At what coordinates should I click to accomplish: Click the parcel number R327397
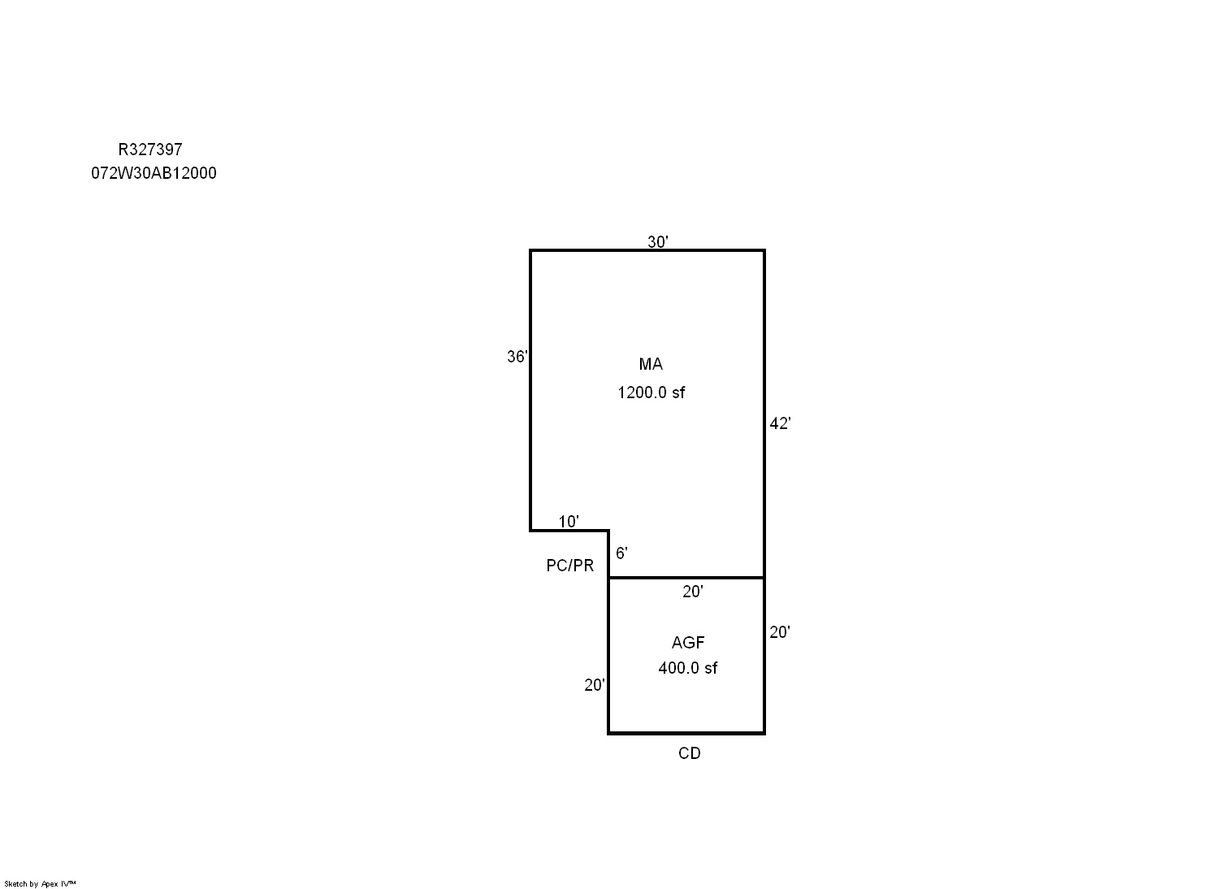(150, 149)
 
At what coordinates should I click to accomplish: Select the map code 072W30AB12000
(154, 173)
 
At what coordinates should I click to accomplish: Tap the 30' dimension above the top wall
(657, 241)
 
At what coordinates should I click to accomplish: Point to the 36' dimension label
(517, 356)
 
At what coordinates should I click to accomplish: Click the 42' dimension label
(780, 423)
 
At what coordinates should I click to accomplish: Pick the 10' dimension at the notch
(568, 522)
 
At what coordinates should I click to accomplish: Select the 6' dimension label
(621, 553)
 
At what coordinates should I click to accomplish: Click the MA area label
(651, 364)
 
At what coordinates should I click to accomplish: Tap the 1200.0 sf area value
(651, 392)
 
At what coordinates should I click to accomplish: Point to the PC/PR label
(569, 566)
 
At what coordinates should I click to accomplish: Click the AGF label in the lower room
(688, 642)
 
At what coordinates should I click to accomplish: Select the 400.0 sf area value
(688, 667)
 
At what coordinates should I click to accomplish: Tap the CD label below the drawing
(690, 753)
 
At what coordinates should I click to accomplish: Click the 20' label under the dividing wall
(693, 592)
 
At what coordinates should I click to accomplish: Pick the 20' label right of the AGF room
(780, 632)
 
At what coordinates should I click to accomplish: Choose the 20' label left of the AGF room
(594, 685)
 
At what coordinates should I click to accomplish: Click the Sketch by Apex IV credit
(40, 883)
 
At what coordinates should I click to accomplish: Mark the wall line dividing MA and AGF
(686, 578)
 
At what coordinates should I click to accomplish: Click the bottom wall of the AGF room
(686, 733)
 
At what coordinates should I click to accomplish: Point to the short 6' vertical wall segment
(608, 554)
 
